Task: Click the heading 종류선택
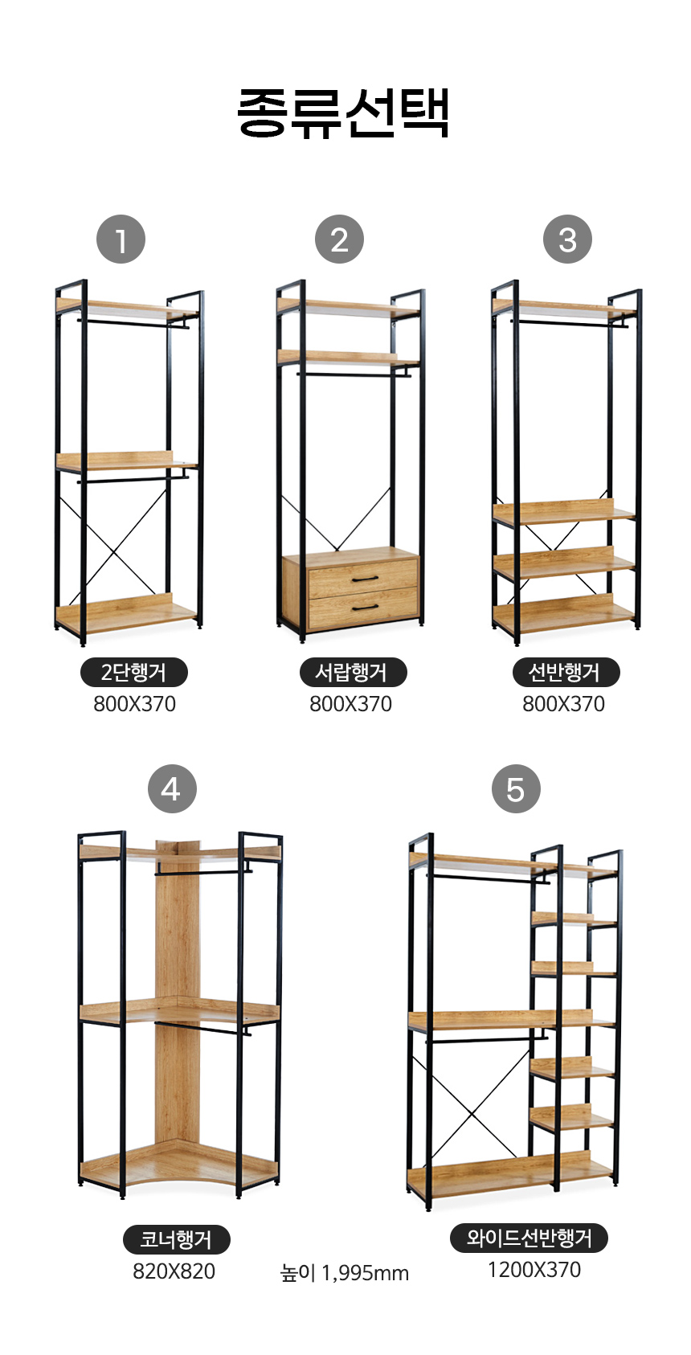point(343,113)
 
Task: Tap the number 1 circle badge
point(121,239)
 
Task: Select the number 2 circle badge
point(339,239)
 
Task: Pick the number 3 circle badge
point(567,239)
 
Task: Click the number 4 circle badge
point(172,788)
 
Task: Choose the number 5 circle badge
point(516,788)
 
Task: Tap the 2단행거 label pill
point(134,672)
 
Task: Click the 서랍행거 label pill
point(353,672)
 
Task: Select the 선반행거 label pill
point(566,672)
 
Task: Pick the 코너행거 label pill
point(177,1239)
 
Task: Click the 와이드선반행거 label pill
point(529,1238)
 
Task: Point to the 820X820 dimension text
point(174,1271)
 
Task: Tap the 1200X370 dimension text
point(534,1270)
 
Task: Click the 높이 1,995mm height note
point(344,1273)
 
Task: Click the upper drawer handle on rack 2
point(365,579)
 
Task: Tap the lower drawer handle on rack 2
point(365,607)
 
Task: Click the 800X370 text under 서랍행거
point(350,704)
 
